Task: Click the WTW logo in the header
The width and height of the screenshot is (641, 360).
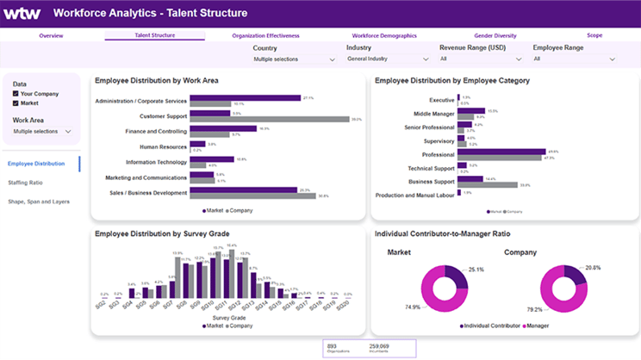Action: click(x=22, y=13)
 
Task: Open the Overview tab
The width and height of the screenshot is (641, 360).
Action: click(x=51, y=35)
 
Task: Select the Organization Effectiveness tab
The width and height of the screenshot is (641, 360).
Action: click(x=265, y=35)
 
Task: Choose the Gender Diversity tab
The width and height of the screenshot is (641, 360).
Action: click(x=495, y=35)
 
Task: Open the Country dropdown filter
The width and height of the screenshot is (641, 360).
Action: click(x=294, y=59)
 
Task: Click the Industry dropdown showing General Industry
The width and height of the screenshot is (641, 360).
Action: click(x=387, y=59)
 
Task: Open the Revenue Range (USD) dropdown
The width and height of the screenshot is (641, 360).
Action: click(x=480, y=59)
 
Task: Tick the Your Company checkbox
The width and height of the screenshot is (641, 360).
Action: click(x=16, y=93)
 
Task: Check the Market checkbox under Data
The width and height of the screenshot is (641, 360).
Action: click(x=16, y=103)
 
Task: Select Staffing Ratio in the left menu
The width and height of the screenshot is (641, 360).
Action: click(x=25, y=183)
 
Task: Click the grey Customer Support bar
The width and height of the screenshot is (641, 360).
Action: click(x=269, y=120)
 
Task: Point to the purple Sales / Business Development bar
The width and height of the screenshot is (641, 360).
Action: click(x=244, y=190)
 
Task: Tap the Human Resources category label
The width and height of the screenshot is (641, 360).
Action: click(x=163, y=146)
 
